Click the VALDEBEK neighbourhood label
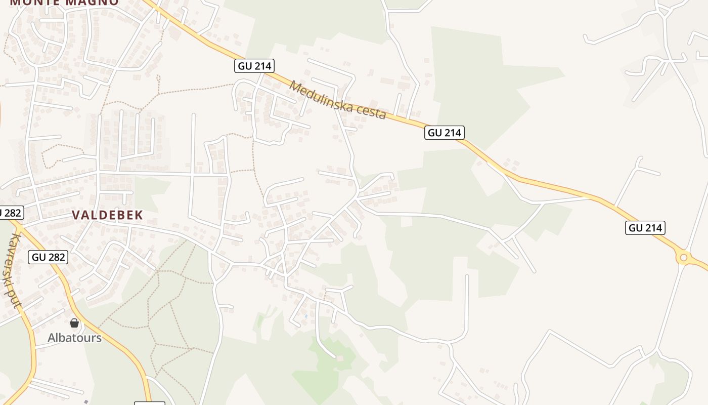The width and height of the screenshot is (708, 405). pyautogui.click(x=107, y=215)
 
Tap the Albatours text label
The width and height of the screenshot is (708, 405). pyautogui.click(x=74, y=338)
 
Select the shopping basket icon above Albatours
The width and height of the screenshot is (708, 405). pyautogui.click(x=74, y=323)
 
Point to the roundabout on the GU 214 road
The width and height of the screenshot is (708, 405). pyautogui.click(x=684, y=258)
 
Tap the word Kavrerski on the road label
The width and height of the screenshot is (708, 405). pyautogui.click(x=11, y=261)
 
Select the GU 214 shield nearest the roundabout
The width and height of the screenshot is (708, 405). pyautogui.click(x=645, y=228)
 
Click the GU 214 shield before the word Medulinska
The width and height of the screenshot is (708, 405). pyautogui.click(x=254, y=66)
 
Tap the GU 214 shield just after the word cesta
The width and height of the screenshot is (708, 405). pyautogui.click(x=444, y=133)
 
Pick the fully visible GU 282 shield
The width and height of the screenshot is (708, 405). pyautogui.click(x=49, y=257)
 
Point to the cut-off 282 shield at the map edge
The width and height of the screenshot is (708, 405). pyautogui.click(x=10, y=213)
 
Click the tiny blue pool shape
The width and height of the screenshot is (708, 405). pyautogui.click(x=305, y=316)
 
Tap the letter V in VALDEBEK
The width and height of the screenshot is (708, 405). pyautogui.click(x=76, y=215)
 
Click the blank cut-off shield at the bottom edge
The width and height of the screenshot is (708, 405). pyautogui.click(x=150, y=403)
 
